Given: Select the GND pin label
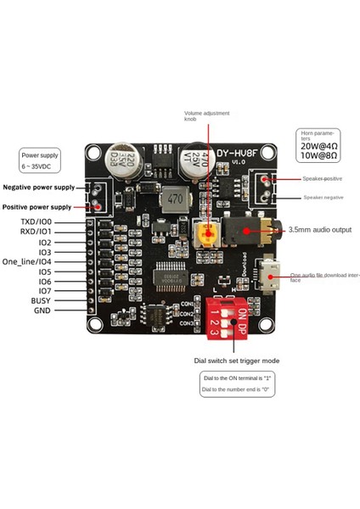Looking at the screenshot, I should [42, 311].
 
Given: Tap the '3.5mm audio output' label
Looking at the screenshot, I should [319, 229].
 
